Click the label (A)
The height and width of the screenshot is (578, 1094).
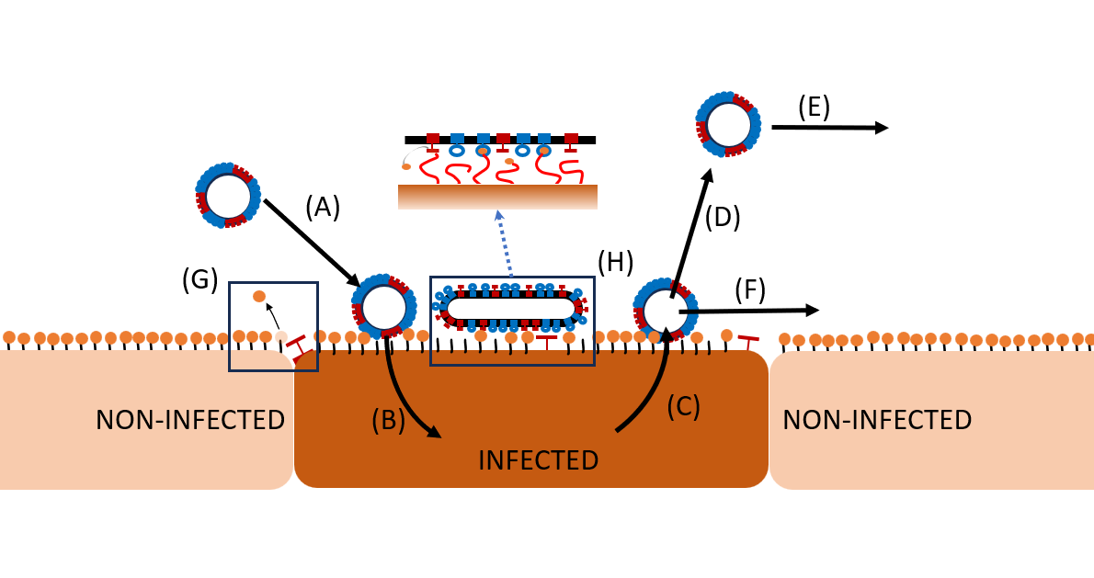click(323, 209)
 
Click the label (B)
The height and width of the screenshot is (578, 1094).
click(388, 419)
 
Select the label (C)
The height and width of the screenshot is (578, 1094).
click(683, 406)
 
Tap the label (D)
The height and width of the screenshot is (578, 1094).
click(723, 217)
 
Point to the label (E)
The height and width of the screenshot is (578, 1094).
click(814, 108)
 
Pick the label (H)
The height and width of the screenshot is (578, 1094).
click(614, 263)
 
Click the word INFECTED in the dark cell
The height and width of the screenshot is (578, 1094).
click(538, 459)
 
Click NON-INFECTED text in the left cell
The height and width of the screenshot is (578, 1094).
click(190, 420)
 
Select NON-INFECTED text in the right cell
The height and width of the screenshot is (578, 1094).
click(877, 420)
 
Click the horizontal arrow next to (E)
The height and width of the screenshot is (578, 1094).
click(829, 128)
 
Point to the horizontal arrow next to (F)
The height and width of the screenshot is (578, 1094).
click(748, 312)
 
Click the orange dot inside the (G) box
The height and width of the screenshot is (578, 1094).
click(259, 296)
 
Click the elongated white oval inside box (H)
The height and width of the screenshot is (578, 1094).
click(511, 309)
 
